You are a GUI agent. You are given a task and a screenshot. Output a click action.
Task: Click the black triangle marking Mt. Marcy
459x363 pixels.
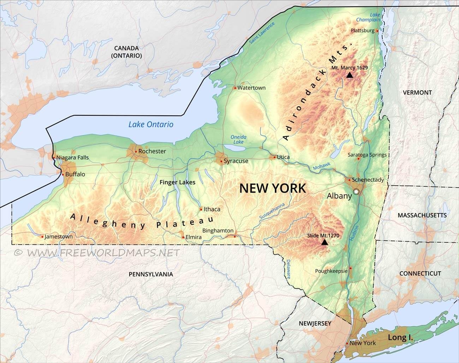pos(350,75)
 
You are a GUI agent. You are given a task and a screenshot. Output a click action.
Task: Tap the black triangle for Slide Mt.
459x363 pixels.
pos(324,242)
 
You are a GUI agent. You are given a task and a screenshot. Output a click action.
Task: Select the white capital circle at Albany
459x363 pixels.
pos(356,192)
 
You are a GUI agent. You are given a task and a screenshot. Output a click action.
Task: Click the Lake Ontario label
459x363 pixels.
pos(151,124)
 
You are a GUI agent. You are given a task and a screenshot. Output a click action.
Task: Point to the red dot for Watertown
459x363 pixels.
pos(235,88)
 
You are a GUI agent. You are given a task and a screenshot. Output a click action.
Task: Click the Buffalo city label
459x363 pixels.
pos(75,174)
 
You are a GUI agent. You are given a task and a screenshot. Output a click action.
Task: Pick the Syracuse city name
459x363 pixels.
pos(236,161)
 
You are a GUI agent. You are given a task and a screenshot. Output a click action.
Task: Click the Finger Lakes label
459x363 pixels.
pos(177,182)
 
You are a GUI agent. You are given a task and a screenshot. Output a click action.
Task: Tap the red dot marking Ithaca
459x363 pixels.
pos(201,209)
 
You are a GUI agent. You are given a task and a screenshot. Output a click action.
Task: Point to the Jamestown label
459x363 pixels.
pos(59,237)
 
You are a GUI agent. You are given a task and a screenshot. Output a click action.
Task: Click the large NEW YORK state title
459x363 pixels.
pos(273,188)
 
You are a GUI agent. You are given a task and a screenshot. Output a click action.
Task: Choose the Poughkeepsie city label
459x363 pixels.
pos(331,271)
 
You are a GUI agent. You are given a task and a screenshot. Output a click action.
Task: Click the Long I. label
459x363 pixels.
pos(400,338)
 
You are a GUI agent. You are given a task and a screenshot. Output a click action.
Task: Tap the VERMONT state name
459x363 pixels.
pos(417,92)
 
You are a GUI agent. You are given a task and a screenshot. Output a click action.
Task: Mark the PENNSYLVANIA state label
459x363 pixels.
pos(151,274)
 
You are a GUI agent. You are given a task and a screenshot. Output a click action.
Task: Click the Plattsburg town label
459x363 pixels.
pos(362,31)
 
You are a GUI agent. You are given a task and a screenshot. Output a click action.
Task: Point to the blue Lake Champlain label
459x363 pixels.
pos(373,17)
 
